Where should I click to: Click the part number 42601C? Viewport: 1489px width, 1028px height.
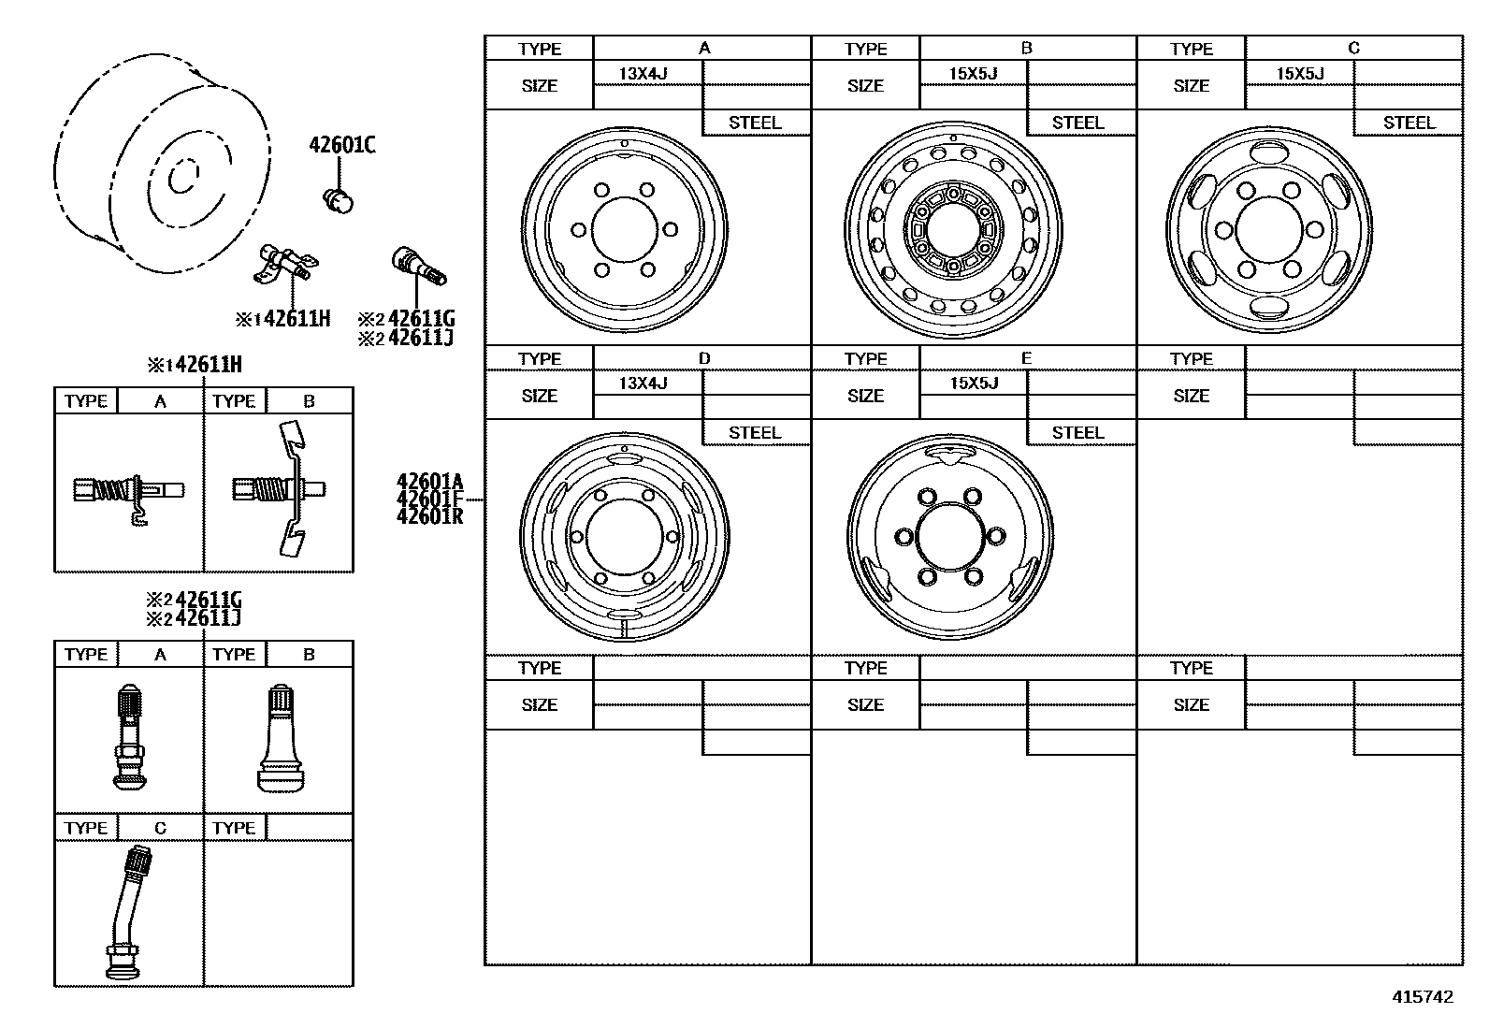(x=342, y=145)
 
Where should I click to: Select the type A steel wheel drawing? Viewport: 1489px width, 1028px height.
(x=624, y=229)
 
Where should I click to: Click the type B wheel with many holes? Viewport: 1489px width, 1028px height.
(x=952, y=230)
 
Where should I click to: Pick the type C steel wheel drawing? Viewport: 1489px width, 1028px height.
(x=1269, y=230)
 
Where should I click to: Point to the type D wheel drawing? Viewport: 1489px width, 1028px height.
(x=624, y=537)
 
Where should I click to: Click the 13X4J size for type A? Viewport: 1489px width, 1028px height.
(x=643, y=73)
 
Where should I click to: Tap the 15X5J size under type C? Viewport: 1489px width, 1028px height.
(x=1300, y=73)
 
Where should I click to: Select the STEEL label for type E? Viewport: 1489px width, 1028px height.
(x=1078, y=432)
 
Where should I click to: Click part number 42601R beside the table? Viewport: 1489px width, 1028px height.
(x=429, y=516)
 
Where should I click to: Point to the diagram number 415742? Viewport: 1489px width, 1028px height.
(x=1424, y=997)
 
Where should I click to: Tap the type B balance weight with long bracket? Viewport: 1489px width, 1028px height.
(x=281, y=489)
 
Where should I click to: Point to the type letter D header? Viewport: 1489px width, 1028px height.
(x=704, y=358)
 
